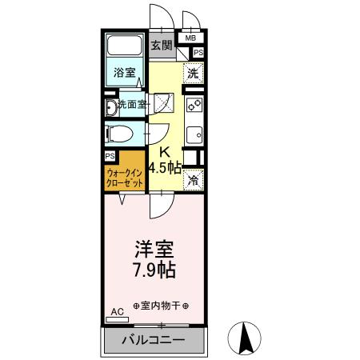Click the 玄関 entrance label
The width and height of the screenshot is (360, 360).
[162, 46]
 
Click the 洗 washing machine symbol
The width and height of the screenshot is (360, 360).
[193, 74]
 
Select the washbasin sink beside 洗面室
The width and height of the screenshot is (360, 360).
[110, 106]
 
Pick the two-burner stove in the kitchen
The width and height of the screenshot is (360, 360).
[194, 106]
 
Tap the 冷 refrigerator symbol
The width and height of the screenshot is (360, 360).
[193, 181]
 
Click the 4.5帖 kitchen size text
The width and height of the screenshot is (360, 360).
[164, 167]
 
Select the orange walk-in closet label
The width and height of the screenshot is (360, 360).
[124, 177]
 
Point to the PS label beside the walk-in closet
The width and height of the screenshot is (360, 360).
[110, 156]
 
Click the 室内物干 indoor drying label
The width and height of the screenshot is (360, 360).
[160, 306]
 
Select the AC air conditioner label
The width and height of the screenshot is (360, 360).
[117, 311]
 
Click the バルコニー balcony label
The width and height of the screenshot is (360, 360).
[153, 341]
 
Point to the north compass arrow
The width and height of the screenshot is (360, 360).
[248, 337]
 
